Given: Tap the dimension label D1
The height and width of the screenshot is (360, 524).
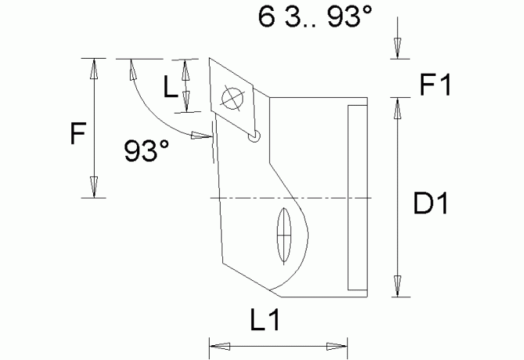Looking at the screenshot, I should click(x=430, y=206).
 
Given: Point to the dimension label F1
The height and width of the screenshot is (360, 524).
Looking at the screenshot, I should click(x=434, y=84).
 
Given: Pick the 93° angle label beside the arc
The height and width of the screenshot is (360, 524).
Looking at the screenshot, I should click(x=146, y=151).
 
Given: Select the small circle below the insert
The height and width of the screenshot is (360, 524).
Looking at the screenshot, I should click(x=253, y=136).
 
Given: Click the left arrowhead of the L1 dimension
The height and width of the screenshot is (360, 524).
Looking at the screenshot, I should click(x=217, y=344).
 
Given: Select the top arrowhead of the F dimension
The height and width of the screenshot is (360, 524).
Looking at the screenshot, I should click(x=94, y=68).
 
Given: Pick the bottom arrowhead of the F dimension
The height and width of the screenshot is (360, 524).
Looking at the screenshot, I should click(x=94, y=188).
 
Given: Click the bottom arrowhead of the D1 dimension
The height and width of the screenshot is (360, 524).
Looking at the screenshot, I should click(x=399, y=286).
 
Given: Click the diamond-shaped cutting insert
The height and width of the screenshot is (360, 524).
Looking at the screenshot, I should click(x=232, y=99).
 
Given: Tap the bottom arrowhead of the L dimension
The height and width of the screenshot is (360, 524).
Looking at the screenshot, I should click(x=186, y=103).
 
